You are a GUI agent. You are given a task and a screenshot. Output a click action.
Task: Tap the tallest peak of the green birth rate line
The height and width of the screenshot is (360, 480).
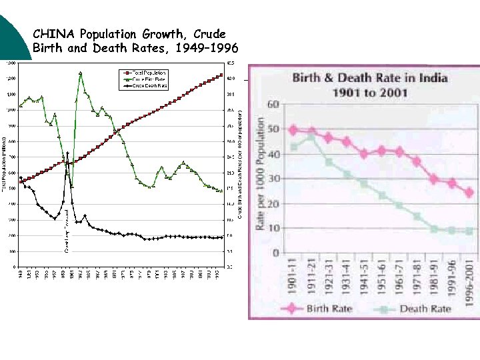point(81,73)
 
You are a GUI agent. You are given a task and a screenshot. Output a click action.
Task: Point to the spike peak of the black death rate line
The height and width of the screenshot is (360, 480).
point(67,153)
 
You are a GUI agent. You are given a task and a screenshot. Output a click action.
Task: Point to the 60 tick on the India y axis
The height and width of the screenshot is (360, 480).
point(273,105)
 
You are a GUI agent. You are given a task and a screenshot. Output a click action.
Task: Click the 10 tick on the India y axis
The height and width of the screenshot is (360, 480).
point(273,229)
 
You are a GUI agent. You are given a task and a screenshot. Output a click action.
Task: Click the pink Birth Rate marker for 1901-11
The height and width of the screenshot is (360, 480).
point(293,130)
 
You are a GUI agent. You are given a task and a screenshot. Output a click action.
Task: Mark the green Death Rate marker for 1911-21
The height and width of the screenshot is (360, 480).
point(311,137)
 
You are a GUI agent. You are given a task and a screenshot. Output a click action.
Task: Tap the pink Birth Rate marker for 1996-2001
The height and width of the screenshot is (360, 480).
point(469,192)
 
